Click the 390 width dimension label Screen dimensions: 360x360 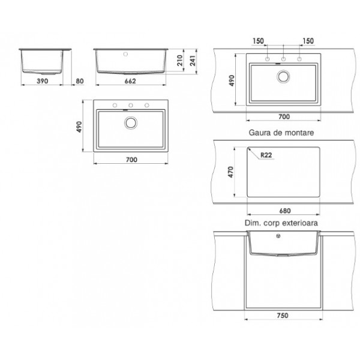click(43, 81)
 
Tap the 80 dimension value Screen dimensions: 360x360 click(80, 81)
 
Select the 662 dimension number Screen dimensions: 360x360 click(130, 81)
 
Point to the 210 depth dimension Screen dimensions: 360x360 click(180, 61)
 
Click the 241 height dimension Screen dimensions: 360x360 click(193, 61)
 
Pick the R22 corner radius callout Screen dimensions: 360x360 click(266, 155)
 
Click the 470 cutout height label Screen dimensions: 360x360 click(231, 172)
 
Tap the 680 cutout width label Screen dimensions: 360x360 click(285, 211)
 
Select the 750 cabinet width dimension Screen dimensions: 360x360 click(283, 316)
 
